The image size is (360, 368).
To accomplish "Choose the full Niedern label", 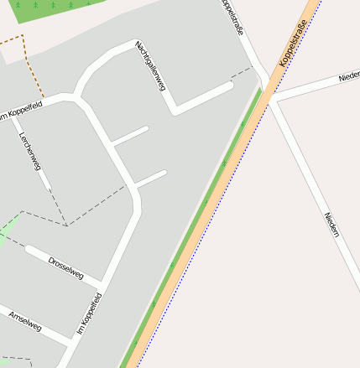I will (x=331, y=225).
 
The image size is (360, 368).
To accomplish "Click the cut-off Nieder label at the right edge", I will (x=348, y=77).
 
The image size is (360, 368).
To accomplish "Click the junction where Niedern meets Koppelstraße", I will (x=271, y=97).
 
